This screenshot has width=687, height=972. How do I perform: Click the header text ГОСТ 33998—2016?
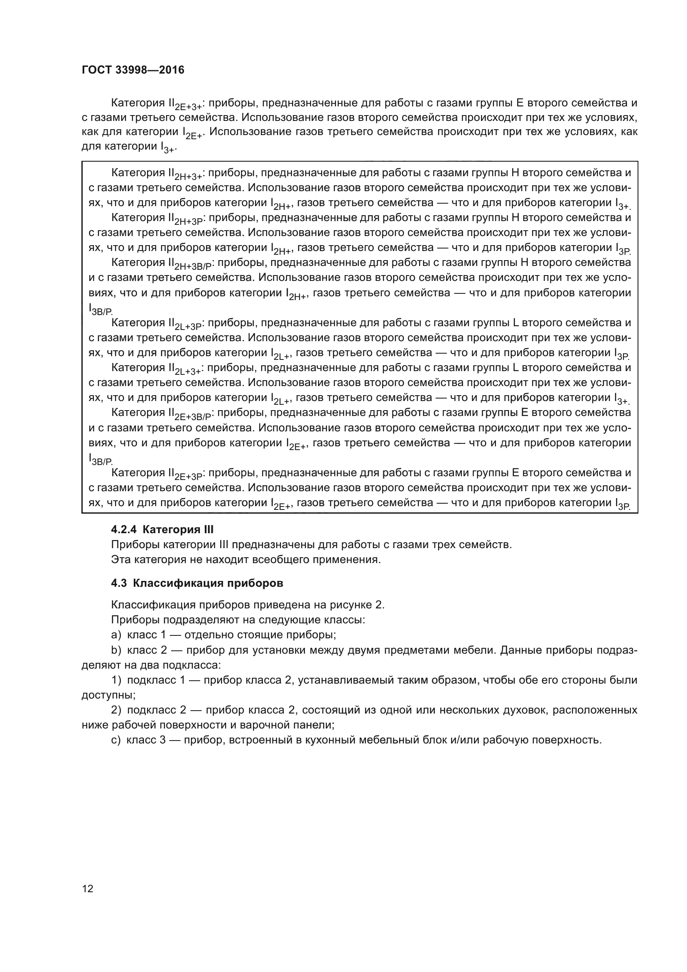click(133, 70)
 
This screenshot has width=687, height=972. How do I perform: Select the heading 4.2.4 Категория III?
click(162, 529)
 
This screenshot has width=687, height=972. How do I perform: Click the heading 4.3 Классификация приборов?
click(197, 583)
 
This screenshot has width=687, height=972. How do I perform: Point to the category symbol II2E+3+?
click(185, 104)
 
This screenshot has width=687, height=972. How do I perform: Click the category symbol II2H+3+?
click(185, 174)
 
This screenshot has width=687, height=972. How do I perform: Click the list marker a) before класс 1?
click(116, 635)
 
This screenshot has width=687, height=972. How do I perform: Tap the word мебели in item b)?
click(477, 650)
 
